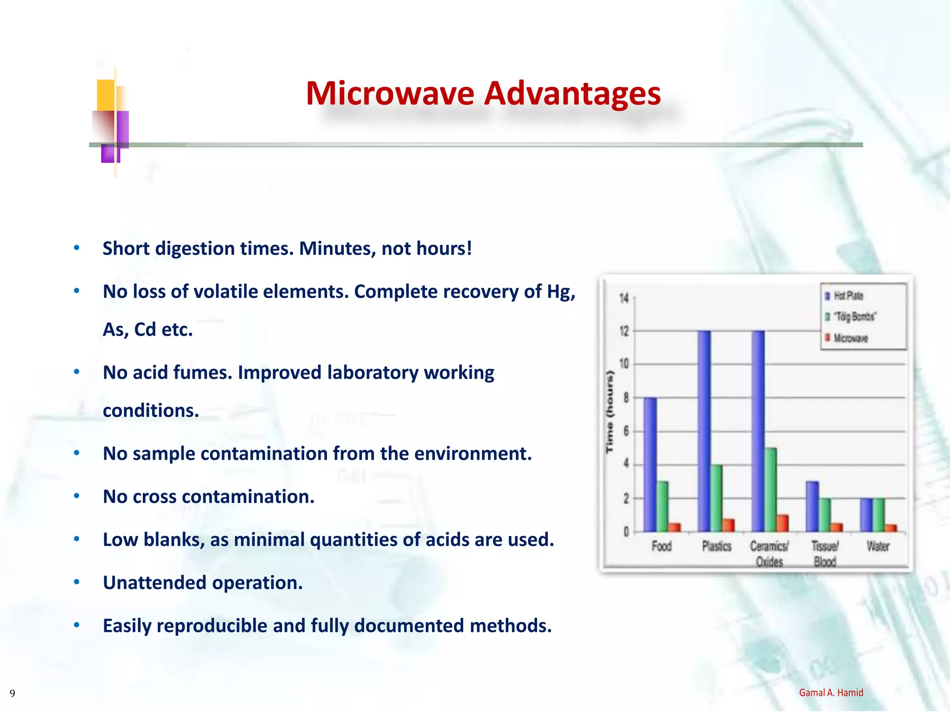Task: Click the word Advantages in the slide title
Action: [x=572, y=94]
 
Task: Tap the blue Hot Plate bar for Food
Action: [x=650, y=464]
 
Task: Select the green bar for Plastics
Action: [x=716, y=498]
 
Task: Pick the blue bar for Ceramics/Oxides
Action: [x=758, y=431]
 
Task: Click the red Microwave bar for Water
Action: [x=890, y=528]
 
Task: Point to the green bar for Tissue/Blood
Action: [x=825, y=515]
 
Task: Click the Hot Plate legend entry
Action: [x=848, y=296]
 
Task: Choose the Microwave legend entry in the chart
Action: [x=850, y=338]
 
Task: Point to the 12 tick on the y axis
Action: [x=624, y=331]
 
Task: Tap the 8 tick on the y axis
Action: [x=626, y=398]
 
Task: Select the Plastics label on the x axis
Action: [x=717, y=547]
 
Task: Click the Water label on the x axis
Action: [x=878, y=547]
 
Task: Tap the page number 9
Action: [x=13, y=693]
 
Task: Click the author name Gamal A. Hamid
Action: [x=831, y=693]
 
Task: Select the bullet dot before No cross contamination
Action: [x=77, y=496]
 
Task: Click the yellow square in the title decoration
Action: [x=106, y=95]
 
